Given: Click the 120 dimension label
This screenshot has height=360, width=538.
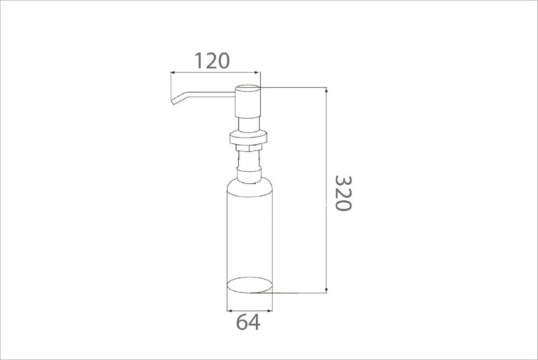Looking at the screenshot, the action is (212, 61).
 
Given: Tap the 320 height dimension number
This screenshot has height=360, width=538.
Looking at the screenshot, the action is (343, 194).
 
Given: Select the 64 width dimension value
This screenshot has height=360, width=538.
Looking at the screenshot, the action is (248, 322).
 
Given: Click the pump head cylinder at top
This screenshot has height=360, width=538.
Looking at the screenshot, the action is (247, 102).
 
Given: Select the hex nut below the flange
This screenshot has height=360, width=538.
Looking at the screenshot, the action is (249, 148).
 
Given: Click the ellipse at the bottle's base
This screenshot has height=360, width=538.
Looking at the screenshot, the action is (250, 285).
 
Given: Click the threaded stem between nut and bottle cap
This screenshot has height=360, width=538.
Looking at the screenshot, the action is (249, 158).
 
